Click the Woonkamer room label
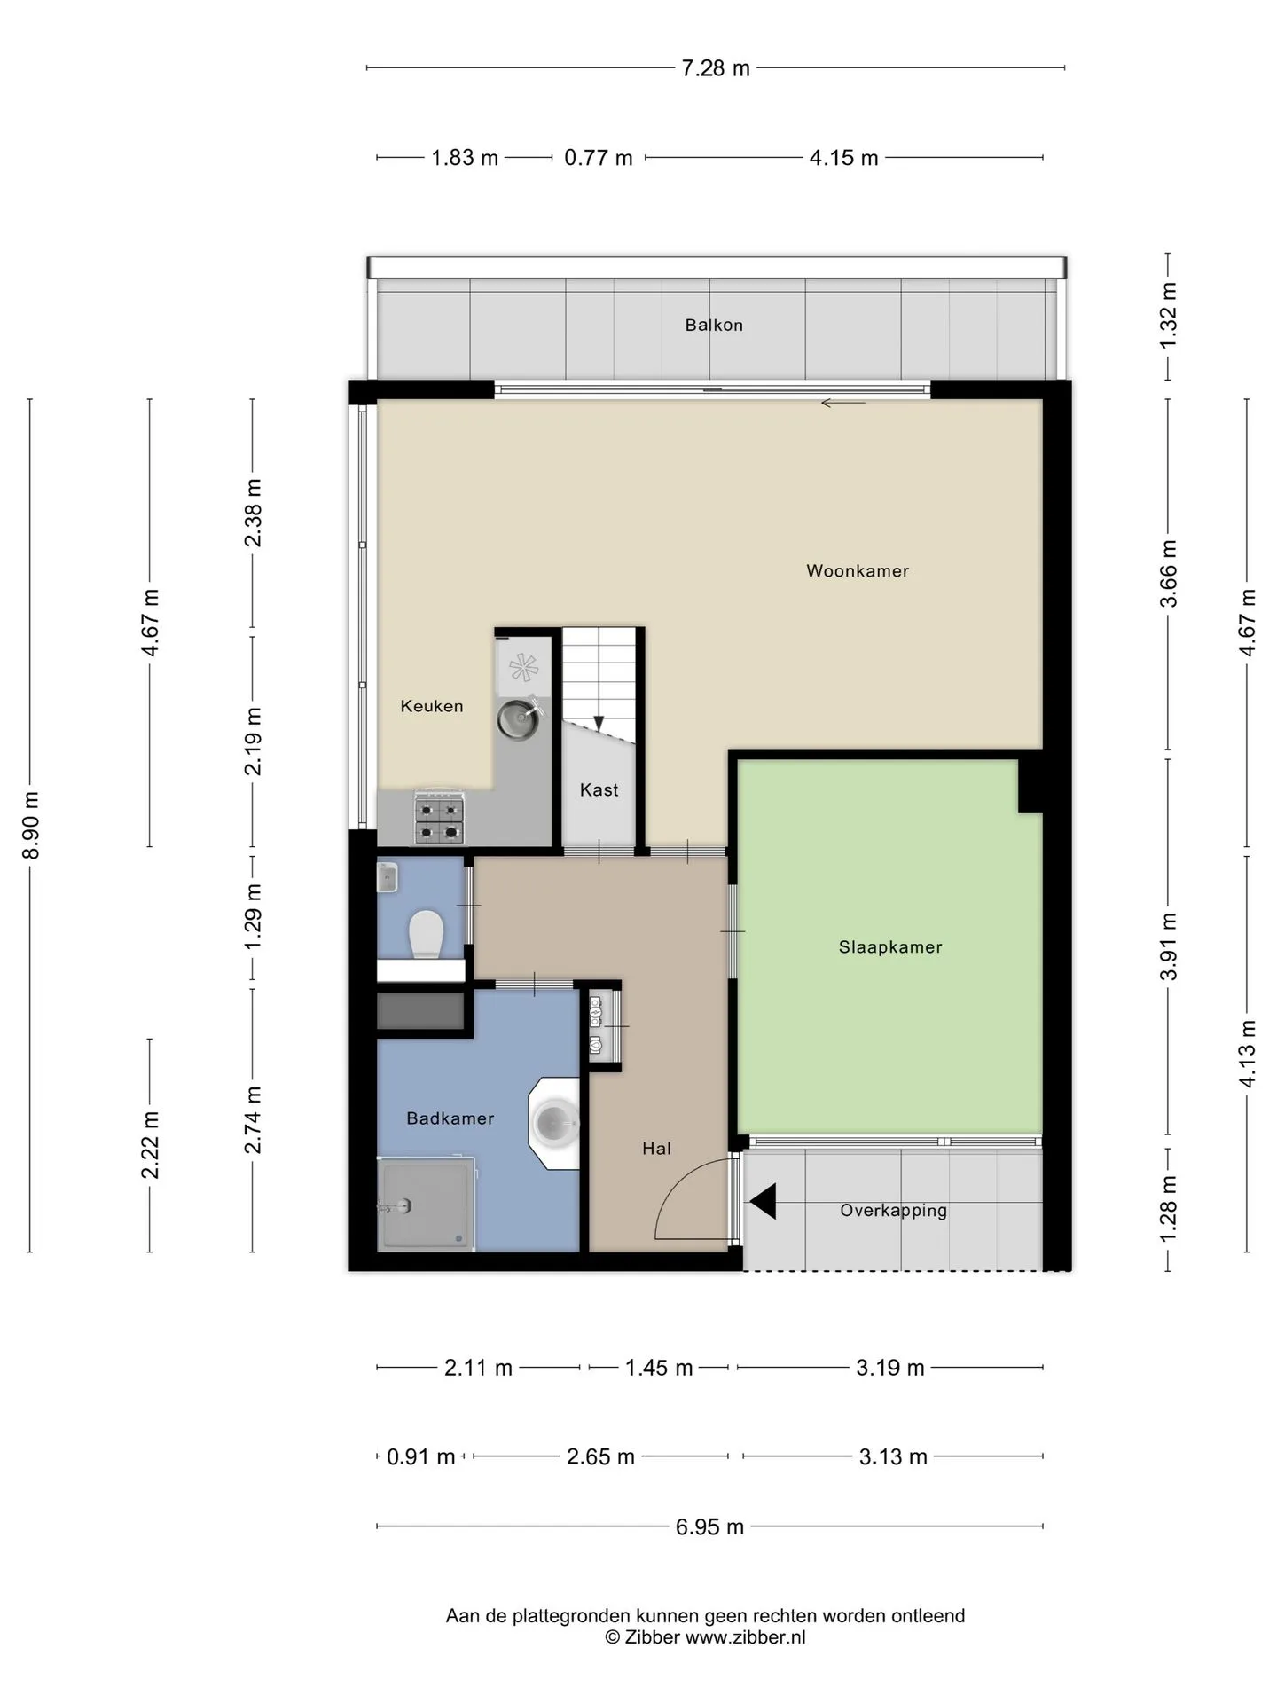pos(858,571)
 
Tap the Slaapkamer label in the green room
pos(890,947)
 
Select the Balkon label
pos(714,326)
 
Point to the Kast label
pos(599,789)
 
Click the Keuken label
pos(432,706)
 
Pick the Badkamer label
pos(450,1118)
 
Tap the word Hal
pos(657,1149)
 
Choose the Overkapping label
pos(894,1211)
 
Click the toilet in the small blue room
pos(426,935)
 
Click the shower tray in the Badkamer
pos(425,1204)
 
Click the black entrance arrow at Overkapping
pos(763,1202)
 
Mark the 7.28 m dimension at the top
pos(716,68)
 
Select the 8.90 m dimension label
pos(31,825)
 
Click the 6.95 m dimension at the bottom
pos(709,1526)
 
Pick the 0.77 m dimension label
pos(599,158)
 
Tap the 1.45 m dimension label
pos(659,1368)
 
